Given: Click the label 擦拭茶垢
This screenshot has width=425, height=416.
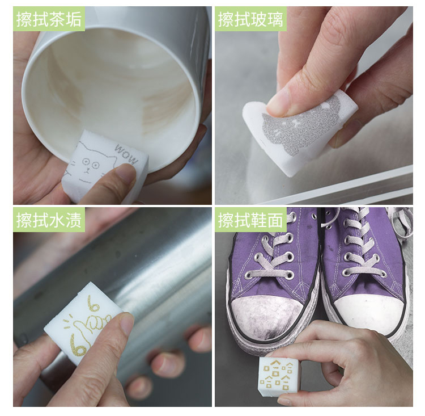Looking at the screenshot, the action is (49, 19).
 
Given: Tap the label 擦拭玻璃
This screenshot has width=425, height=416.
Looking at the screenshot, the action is (250, 19).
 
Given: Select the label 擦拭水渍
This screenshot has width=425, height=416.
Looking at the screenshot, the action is (49, 220).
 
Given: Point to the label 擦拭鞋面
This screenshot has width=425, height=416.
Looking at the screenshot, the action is (250, 220).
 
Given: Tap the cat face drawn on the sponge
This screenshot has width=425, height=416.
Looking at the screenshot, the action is (90, 166).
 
